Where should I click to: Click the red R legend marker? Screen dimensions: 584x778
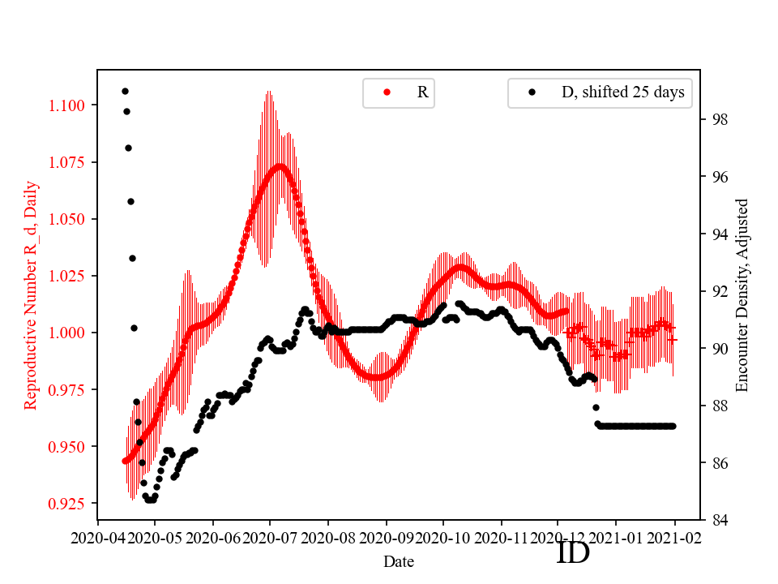[387, 92]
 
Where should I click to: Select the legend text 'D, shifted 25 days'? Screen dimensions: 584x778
[622, 92]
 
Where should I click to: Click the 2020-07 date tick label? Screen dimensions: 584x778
[271, 538]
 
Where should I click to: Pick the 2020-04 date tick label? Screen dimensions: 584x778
[98, 538]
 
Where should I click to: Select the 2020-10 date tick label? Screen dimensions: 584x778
[443, 538]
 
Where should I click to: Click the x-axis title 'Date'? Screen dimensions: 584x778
[399, 560]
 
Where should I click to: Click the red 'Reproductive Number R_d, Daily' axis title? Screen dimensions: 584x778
[31, 295]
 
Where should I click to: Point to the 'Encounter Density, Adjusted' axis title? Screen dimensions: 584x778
[742, 295]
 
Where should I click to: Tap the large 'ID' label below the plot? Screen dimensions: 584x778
[573, 553]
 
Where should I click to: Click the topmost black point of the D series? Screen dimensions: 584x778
[125, 91]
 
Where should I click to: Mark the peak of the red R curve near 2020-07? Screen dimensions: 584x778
[280, 166]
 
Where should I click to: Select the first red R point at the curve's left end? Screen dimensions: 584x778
[126, 461]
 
